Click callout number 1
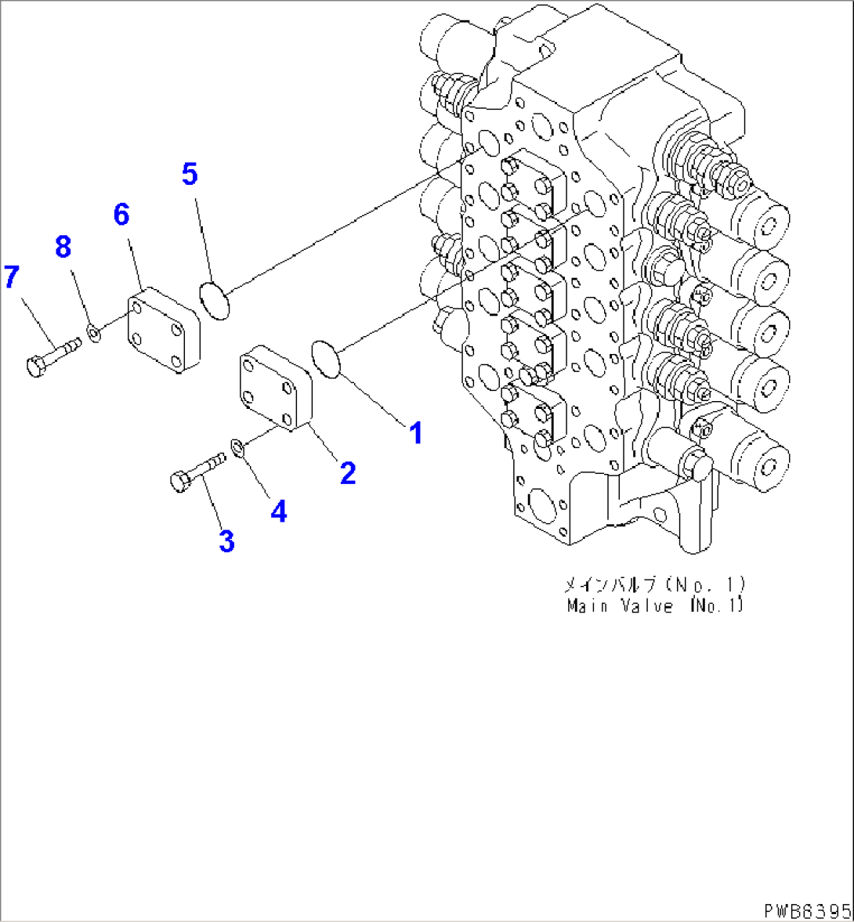(416, 432)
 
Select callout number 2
(347, 472)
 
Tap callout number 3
(226, 541)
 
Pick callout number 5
(190, 174)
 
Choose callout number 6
(121, 214)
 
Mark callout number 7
(11, 277)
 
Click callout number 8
(63, 247)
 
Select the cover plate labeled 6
(164, 329)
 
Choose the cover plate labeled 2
(275, 391)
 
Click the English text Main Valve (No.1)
(654, 606)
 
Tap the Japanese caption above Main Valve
(654, 584)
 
